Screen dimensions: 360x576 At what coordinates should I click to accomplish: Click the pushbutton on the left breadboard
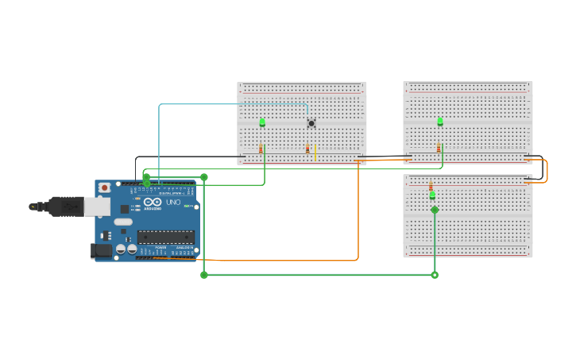[x=311, y=122]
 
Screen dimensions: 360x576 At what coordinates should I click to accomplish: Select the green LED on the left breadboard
[x=262, y=122]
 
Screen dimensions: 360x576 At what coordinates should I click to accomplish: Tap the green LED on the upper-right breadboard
[x=440, y=122]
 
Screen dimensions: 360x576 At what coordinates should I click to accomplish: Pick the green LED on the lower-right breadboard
[x=432, y=195]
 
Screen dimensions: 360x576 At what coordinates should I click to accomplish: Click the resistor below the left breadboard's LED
[x=261, y=149]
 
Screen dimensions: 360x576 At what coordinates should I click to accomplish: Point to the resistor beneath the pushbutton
[x=307, y=149]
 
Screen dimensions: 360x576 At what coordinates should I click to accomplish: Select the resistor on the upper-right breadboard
[x=438, y=149]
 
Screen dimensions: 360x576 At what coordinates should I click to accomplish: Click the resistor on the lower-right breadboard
[x=431, y=185]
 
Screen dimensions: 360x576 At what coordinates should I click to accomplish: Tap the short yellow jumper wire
[x=315, y=152]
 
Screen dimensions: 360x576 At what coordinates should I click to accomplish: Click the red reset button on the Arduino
[x=104, y=188]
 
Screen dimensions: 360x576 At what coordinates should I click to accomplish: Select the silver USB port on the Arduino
[x=96, y=207]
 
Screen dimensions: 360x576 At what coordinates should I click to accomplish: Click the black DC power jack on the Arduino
[x=101, y=250]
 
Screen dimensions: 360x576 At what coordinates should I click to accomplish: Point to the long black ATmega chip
[x=165, y=237]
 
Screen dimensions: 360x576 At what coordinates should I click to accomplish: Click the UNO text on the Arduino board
[x=174, y=203]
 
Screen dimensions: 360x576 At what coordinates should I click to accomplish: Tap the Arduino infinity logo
[x=153, y=203]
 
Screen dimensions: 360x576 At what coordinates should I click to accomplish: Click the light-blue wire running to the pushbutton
[x=230, y=104]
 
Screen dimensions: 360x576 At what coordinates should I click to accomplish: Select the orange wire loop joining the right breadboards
[x=547, y=171]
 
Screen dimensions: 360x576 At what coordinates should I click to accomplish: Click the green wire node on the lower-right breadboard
[x=435, y=210]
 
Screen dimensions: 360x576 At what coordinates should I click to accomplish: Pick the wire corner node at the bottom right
[x=435, y=275]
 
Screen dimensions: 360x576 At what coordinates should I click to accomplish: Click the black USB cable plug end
[x=35, y=207]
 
